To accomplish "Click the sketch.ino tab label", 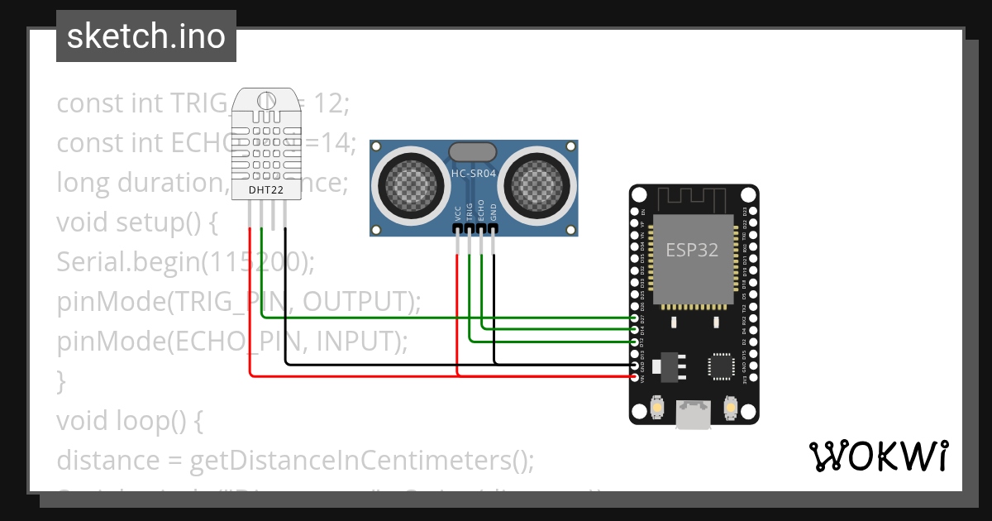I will tap(145, 36).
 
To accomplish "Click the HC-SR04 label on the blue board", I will tap(473, 174).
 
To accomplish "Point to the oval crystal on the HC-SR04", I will tap(472, 151).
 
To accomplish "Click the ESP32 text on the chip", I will tap(692, 249).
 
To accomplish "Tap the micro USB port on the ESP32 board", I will tap(693, 415).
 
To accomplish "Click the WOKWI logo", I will tap(877, 456).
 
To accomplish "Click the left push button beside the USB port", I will tap(656, 409).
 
